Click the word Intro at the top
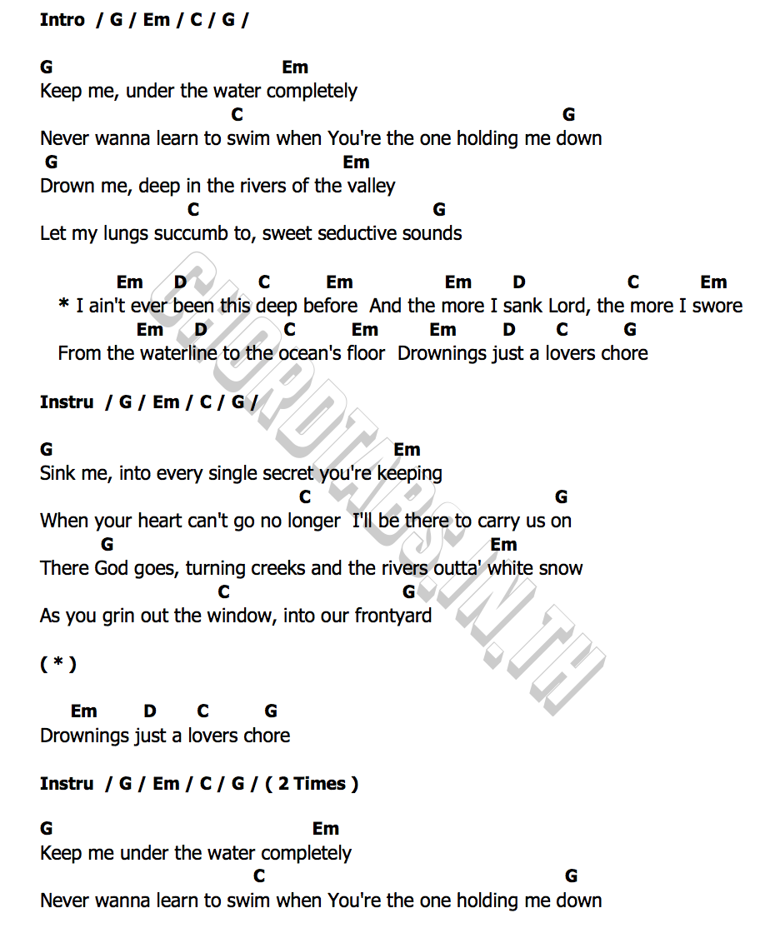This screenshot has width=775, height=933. tap(62, 20)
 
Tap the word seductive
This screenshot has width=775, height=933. tap(354, 234)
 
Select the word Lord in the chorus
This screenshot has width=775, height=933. tap(567, 307)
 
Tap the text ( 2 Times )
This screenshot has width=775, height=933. tap(312, 784)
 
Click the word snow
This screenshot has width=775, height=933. tap(561, 569)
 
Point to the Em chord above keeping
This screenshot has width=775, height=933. tap(407, 450)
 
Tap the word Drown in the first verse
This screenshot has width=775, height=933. tap(66, 187)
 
